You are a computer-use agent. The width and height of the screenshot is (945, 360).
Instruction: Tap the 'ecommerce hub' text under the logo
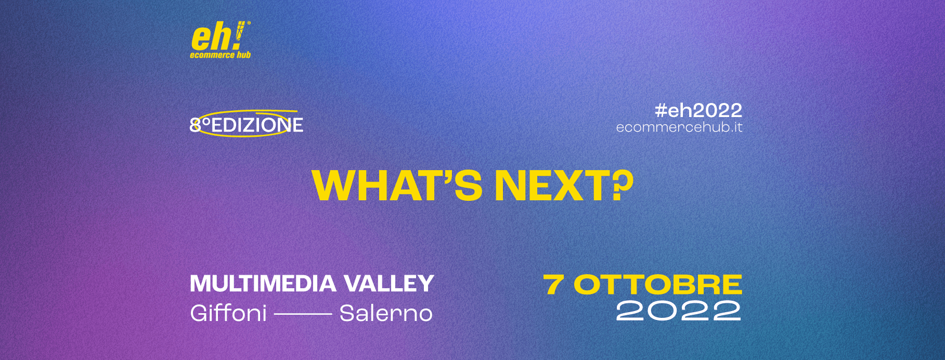pyautogui.click(x=221, y=55)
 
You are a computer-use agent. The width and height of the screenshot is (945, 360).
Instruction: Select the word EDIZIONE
pyautogui.click(x=257, y=125)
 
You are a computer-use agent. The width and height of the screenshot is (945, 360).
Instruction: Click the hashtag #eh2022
pyautogui.click(x=698, y=110)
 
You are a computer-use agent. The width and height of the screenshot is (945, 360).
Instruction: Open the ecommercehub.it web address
pyautogui.click(x=679, y=127)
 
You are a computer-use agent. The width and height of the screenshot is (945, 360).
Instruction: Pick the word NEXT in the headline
pyautogui.click(x=551, y=185)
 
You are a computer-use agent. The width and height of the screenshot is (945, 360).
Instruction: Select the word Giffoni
pyautogui.click(x=228, y=313)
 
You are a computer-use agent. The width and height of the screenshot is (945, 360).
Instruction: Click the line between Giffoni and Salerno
pyautogui.click(x=303, y=314)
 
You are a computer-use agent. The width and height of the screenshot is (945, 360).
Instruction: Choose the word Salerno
pyautogui.click(x=386, y=313)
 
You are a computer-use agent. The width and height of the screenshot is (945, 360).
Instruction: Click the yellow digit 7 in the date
pyautogui.click(x=554, y=285)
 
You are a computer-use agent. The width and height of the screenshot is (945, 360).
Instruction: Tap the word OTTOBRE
pyautogui.click(x=658, y=285)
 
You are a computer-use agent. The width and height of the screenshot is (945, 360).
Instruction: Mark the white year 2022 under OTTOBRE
pyautogui.click(x=679, y=311)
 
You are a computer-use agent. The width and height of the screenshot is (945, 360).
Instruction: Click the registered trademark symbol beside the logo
pyautogui.click(x=248, y=23)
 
